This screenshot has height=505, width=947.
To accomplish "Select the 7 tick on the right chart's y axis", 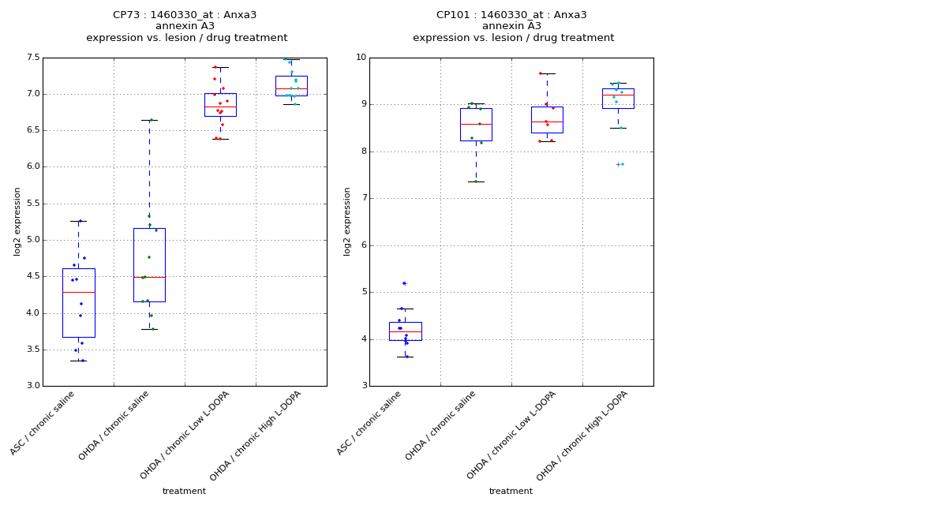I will coord(362,198).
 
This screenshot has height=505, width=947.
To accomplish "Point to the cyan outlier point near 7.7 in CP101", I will coord(623,164).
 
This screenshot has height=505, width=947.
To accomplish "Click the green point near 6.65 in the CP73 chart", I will coord(151,120).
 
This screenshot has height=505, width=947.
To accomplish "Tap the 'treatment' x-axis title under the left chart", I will coord(184,491).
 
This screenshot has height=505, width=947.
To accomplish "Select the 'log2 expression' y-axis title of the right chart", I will coord(347,221).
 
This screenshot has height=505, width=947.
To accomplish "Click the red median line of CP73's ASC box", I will coord(78,293).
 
